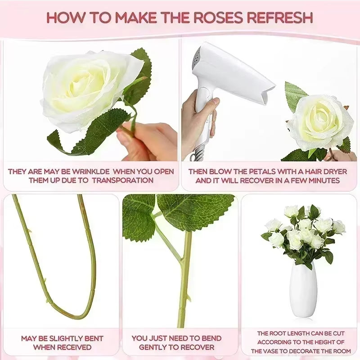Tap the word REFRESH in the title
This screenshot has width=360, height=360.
coord(280,18)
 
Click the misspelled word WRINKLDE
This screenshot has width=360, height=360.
coord(91,171)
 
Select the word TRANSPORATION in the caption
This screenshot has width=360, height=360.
coord(122,180)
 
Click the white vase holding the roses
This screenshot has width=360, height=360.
coord(303,290)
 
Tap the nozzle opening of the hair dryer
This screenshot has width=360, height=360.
coord(268,94)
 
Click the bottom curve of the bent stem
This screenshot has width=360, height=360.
coord(69,312)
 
